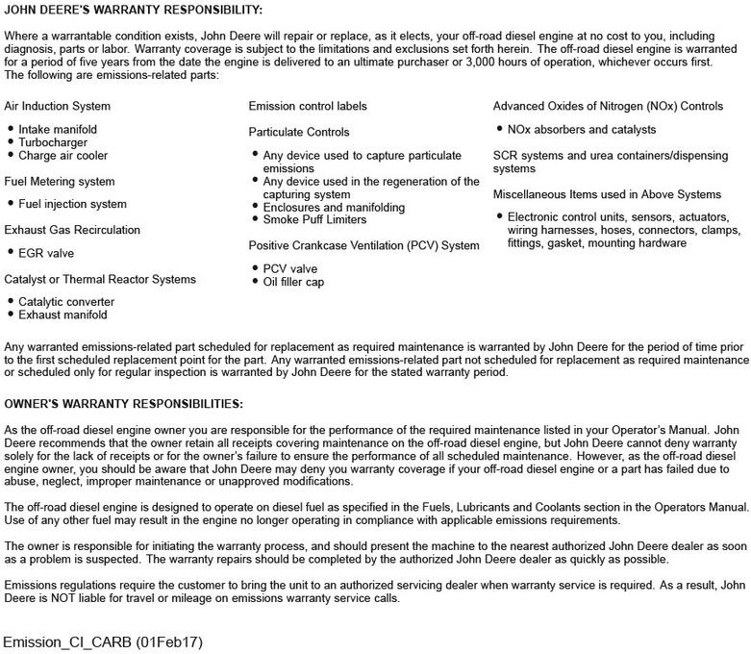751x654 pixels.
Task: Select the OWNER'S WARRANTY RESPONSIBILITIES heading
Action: click(x=123, y=404)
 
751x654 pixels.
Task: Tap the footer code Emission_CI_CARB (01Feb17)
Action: click(x=103, y=641)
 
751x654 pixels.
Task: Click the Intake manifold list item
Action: click(x=58, y=129)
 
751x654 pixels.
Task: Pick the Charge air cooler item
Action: click(x=63, y=155)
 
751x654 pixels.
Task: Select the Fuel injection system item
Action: click(x=72, y=204)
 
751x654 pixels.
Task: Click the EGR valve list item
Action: click(x=46, y=253)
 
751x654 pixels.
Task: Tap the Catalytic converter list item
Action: click(x=66, y=302)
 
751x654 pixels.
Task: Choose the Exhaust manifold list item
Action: click(x=63, y=314)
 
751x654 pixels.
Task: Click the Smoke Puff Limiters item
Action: click(x=314, y=220)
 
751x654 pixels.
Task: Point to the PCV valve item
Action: click(x=290, y=269)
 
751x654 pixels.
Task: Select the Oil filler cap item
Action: click(x=296, y=282)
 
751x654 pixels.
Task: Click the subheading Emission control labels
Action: click(x=308, y=106)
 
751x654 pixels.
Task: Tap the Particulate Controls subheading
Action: click(x=299, y=132)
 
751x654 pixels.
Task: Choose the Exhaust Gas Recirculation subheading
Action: click(x=72, y=230)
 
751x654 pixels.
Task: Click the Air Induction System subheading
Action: click(x=58, y=106)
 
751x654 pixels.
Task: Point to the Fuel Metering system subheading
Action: click(x=60, y=181)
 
